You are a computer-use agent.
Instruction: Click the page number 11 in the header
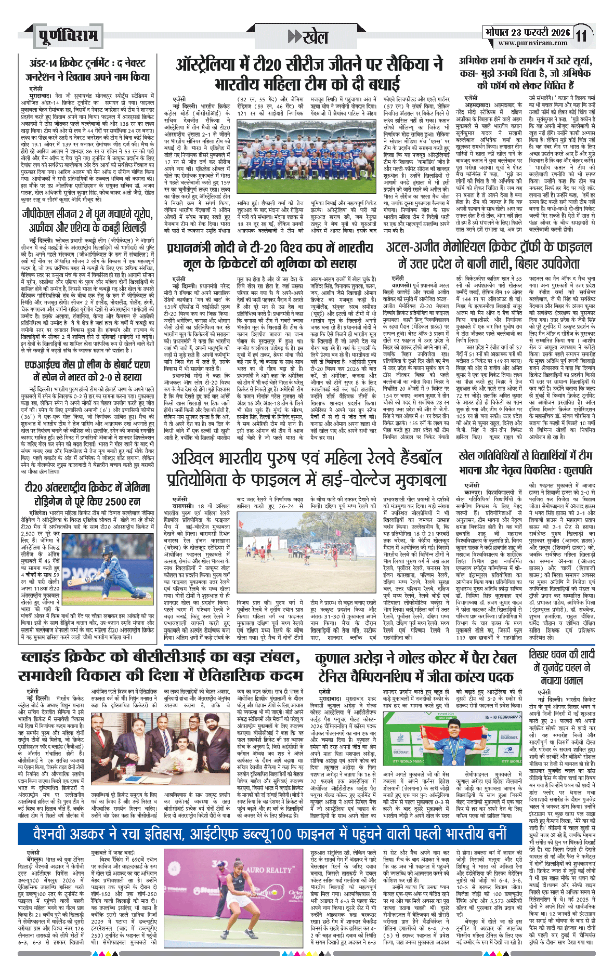point(581,36)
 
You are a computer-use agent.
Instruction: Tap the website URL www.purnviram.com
point(527,44)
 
